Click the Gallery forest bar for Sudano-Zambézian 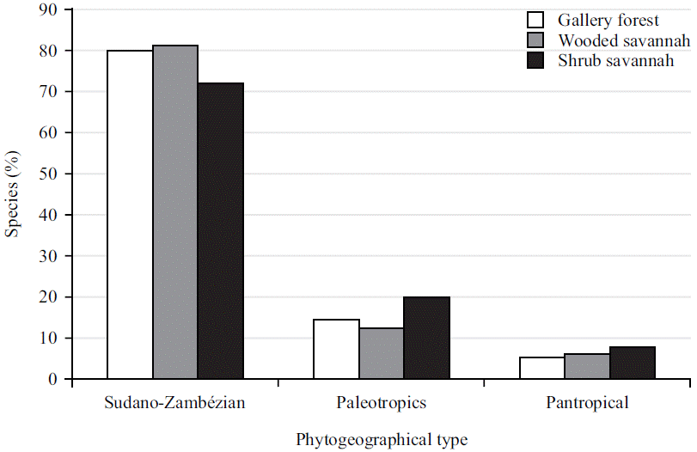(130, 215)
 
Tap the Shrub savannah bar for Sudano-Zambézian (221, 231)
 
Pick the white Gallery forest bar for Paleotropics (336, 349)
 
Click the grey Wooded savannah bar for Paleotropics (382, 353)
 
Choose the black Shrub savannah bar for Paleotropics (427, 338)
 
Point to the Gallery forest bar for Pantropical (542, 368)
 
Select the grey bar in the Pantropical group (588, 367)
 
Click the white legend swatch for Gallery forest (536, 21)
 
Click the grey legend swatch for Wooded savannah (536, 40)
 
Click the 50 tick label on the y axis (49, 174)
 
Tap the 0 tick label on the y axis (53, 379)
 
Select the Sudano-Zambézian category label (175, 402)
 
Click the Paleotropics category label (382, 402)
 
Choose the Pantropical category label (588, 402)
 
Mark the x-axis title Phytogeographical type (382, 440)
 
